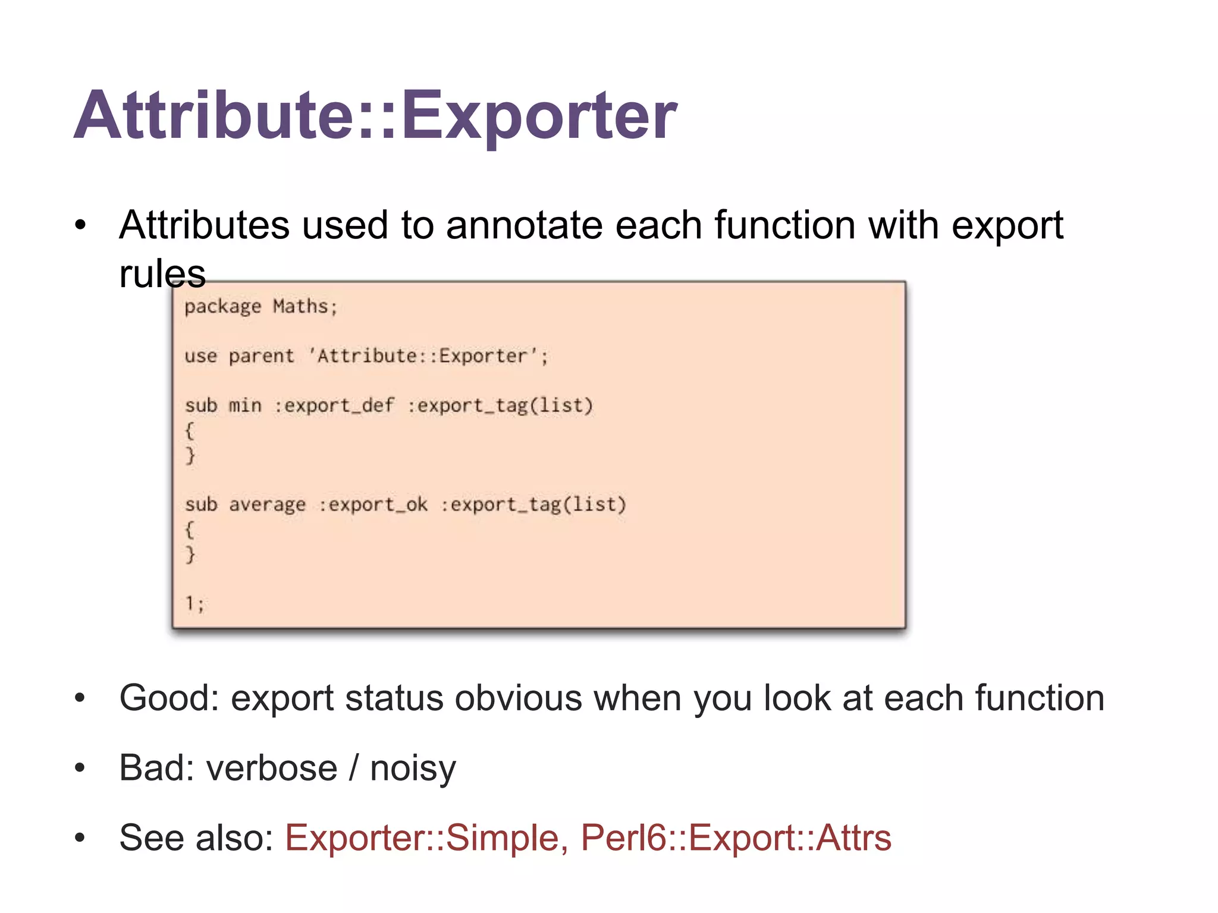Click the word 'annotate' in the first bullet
[524, 225]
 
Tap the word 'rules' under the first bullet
[162, 274]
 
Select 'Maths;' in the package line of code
[305, 307]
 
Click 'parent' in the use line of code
[261, 356]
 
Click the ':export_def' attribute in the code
[334, 405]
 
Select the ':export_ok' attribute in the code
[373, 505]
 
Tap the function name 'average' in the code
[267, 505]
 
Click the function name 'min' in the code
[245, 405]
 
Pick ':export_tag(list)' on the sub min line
[500, 405]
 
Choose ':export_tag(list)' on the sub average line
[533, 505]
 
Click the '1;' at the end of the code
[194, 604]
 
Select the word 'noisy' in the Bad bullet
[413, 767]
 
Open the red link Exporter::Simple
[422, 838]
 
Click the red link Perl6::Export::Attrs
[736, 838]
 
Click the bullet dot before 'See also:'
[80, 838]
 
